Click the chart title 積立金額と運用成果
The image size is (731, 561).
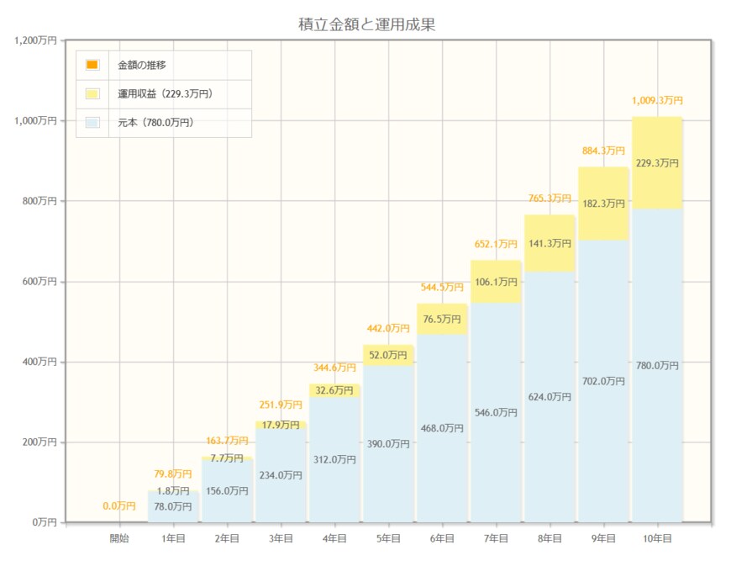point(366,24)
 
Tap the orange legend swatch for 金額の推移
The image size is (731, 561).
point(92,65)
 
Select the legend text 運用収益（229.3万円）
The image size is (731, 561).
point(165,93)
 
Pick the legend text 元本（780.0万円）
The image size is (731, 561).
point(155,123)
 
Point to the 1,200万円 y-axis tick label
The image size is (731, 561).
point(35,40)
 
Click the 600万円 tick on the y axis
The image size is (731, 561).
point(39,282)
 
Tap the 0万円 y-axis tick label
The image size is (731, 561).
point(45,522)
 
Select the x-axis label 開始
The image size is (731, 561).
point(119,538)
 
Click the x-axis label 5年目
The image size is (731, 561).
point(388,538)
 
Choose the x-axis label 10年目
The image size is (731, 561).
point(656,538)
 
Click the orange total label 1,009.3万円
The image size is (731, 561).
point(657,101)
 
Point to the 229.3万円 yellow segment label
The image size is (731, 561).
point(657,163)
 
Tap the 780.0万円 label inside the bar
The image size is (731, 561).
point(657,366)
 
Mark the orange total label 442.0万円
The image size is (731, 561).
point(388,329)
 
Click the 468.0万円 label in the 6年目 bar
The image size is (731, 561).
point(442,428)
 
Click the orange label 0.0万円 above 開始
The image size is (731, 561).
point(119,506)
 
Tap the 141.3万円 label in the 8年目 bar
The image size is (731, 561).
point(550,244)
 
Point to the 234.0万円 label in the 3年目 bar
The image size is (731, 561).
point(281,475)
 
